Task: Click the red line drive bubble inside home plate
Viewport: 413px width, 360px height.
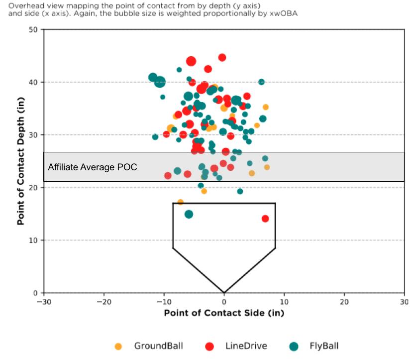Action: [x=265, y=219]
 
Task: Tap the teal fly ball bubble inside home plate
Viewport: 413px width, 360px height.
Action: [x=189, y=214]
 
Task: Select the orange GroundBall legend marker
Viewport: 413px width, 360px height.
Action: [x=118, y=346]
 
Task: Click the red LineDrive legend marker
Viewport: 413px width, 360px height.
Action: [x=209, y=346]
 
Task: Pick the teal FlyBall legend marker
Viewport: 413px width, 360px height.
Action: [x=294, y=346]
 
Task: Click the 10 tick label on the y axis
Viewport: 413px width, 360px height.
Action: [x=33, y=240]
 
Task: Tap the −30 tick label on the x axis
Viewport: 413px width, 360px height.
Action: [x=44, y=302]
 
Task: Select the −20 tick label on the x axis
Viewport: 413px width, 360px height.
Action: [x=103, y=302]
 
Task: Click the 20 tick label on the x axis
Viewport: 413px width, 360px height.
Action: [x=344, y=302]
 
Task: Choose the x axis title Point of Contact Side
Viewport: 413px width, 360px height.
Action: [x=224, y=313]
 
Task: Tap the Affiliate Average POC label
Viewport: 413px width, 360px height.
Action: [x=93, y=167]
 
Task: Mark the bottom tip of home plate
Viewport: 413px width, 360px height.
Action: [x=224, y=292]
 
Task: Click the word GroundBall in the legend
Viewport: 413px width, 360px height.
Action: [x=158, y=346]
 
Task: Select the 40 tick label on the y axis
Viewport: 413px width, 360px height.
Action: [x=33, y=82]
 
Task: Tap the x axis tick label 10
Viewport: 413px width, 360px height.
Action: [x=284, y=302]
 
